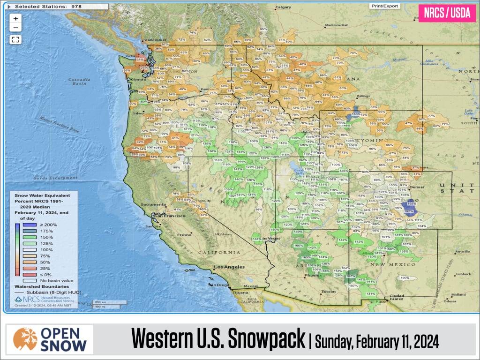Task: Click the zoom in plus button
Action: click(x=15, y=19)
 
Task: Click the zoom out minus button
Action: click(x=15, y=28)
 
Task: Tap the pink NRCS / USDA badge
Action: click(x=447, y=13)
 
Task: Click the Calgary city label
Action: click(x=284, y=7)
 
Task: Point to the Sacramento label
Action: click(x=154, y=205)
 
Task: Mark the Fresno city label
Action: click(x=183, y=234)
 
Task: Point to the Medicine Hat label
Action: click(x=336, y=25)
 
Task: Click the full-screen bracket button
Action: click(x=15, y=39)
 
